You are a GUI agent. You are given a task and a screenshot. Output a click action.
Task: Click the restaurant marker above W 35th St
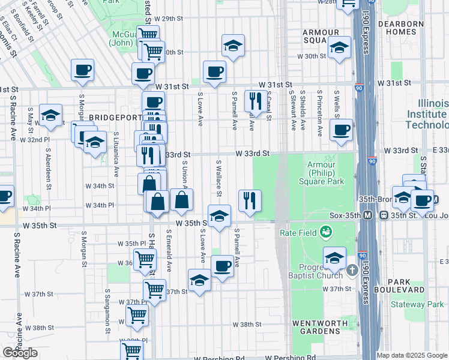(250, 200)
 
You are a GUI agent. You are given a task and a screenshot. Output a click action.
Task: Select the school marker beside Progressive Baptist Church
(335, 257)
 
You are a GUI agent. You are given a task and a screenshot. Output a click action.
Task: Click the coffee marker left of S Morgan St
(82, 69)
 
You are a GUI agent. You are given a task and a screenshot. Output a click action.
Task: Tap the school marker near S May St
(51, 115)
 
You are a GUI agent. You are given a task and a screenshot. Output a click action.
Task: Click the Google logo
(20, 353)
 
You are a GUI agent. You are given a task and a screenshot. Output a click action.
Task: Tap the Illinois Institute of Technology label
(427, 114)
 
